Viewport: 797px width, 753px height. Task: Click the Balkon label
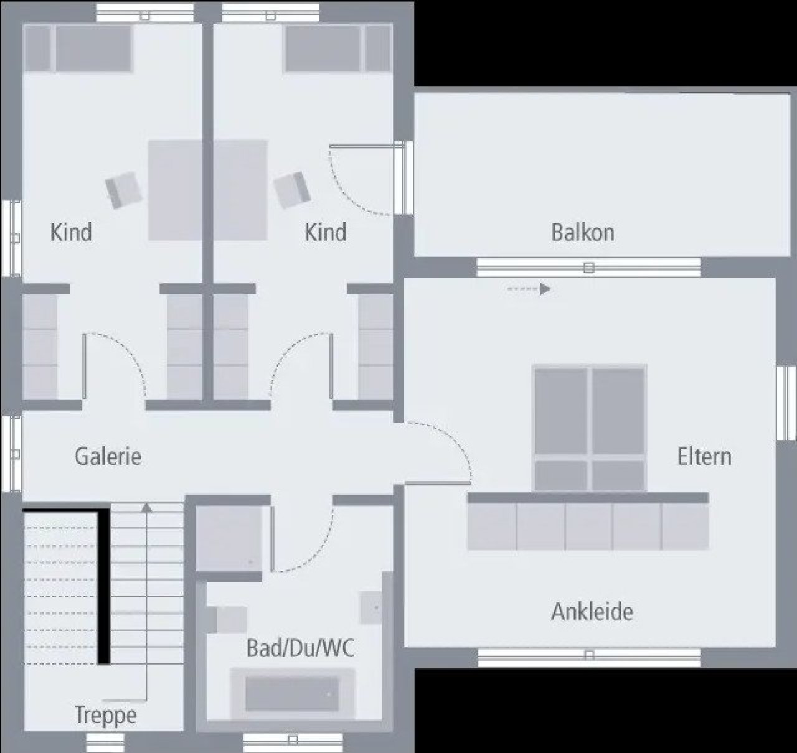point(583,233)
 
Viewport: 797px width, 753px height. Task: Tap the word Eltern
point(705,457)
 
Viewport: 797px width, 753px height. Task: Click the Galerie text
point(108,456)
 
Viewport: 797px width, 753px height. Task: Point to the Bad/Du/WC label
point(300,648)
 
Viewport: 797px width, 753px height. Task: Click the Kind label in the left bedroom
point(71,232)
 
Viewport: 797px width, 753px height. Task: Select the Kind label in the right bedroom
point(325,232)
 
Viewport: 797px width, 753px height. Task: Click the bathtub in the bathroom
point(292,694)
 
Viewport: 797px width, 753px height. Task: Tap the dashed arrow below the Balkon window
point(529,289)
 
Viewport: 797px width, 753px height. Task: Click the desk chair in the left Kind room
point(124,190)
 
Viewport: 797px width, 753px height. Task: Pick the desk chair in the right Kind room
point(292,190)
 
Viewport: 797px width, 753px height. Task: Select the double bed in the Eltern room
point(590,428)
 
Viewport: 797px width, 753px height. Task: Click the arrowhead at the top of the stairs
point(147,507)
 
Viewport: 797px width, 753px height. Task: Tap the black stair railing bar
point(104,586)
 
